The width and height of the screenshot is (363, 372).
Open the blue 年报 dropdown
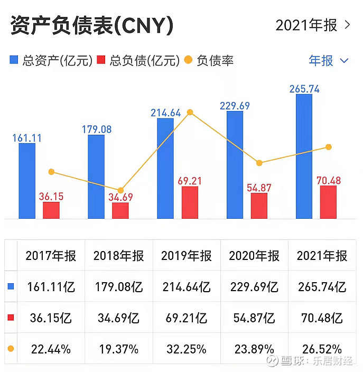coord(328,60)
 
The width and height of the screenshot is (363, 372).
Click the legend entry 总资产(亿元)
coord(51,60)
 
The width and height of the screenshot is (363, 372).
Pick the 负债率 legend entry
coord(209,60)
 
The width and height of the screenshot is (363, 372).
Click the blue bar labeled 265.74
coord(304,156)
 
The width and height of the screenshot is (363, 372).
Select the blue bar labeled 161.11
coord(27,181)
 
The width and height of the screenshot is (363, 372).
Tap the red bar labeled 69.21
coord(190,202)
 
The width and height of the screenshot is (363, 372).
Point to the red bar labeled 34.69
coord(120,210)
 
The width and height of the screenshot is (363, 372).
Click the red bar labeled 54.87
coord(259,206)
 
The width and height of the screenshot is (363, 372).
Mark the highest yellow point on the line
coord(190,112)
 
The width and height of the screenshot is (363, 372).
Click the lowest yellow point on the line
coord(120,190)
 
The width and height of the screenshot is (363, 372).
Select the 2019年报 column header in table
coord(187,256)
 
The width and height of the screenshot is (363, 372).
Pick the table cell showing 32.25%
coord(187,349)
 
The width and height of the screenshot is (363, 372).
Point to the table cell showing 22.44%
coord(51,349)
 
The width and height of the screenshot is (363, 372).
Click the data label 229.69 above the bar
coord(235,106)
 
